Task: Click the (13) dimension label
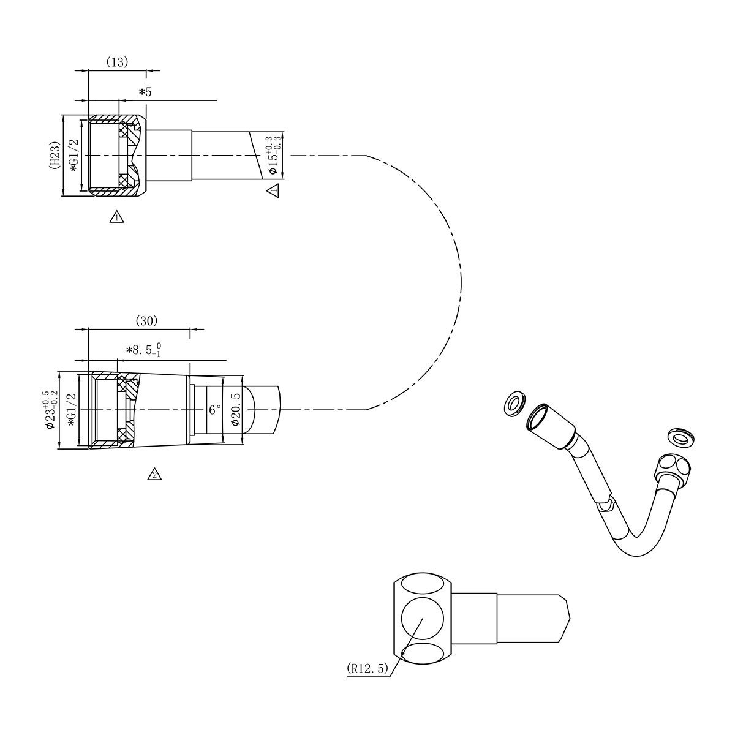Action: (117, 62)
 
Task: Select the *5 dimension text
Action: (145, 92)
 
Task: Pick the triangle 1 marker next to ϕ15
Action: (273, 190)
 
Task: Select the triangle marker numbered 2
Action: (155, 474)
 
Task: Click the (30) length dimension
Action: (146, 320)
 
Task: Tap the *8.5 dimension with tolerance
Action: (144, 350)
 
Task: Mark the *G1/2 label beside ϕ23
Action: (71, 409)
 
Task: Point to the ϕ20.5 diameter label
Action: (235, 409)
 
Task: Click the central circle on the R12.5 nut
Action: (421, 619)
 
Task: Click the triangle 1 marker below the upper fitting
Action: (116, 216)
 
